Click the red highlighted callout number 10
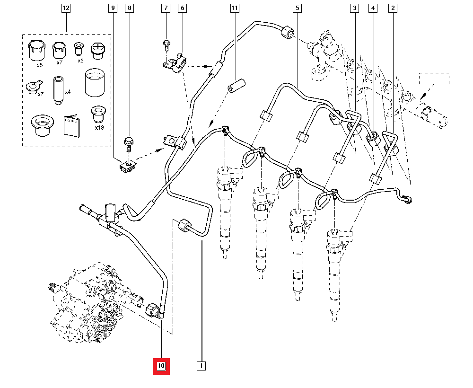coord(161,366)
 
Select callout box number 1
coord(201,366)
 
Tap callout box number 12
coord(66,8)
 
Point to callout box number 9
coord(113,8)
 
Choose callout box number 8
coord(130,8)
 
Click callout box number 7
coord(165,8)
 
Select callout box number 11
coord(235,8)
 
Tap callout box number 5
coord(297,8)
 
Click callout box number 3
coord(354,8)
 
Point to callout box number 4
coord(373,8)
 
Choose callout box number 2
coord(393,8)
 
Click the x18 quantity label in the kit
coord(99,128)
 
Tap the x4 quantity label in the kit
coord(68,92)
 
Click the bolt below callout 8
coord(129,142)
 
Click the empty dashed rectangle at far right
coord(435,78)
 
